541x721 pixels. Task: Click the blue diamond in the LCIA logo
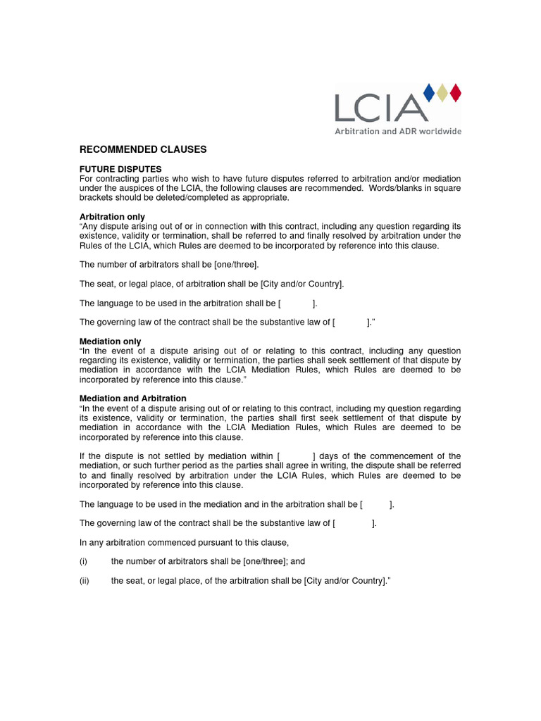[428, 92]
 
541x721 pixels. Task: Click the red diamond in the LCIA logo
[455, 92]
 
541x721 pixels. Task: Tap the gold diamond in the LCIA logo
[442, 92]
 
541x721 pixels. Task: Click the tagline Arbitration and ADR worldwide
[397, 131]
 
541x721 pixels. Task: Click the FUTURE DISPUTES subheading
[120, 170]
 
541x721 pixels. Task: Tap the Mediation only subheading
[111, 341]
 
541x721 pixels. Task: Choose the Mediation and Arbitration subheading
[133, 399]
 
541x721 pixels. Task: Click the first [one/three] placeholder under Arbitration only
[237, 264]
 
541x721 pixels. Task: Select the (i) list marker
[83, 562]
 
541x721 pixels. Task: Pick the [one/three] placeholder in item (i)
[265, 562]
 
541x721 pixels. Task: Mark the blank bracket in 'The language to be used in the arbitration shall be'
[296, 303]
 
